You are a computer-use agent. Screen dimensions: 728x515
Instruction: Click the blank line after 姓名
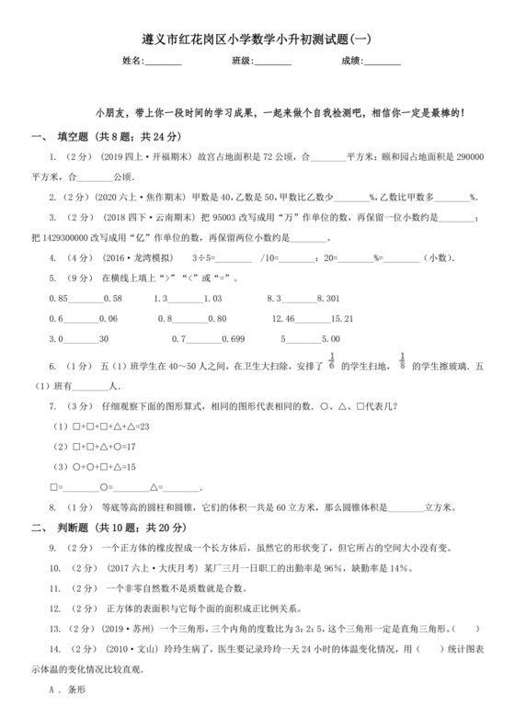coord(164,63)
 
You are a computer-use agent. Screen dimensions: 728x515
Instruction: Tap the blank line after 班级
coord(273,63)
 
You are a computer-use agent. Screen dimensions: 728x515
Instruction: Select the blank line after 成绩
coord(383,63)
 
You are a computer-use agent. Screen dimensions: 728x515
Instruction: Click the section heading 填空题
coord(81,137)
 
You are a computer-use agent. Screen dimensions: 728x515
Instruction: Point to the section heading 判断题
coord(81,528)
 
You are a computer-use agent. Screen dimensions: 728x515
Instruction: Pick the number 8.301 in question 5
coord(328,299)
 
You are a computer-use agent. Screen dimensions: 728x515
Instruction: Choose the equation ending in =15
coord(103,467)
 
